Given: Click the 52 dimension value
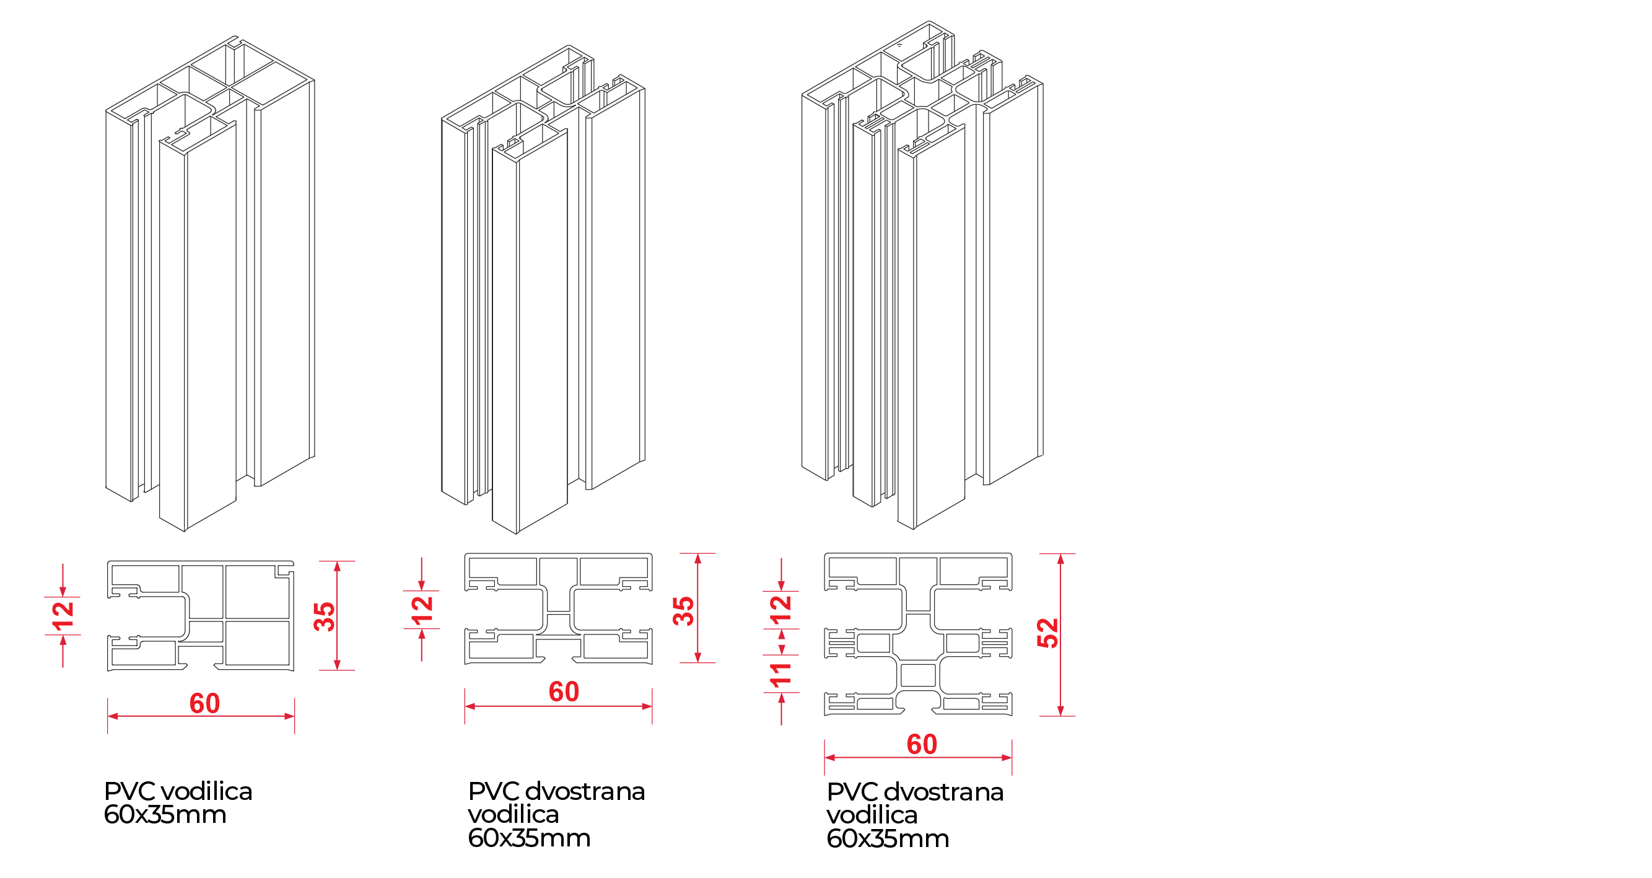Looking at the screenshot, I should tap(1047, 633).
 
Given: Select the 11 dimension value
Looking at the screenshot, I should tap(780, 675).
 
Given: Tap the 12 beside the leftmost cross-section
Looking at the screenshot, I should tap(63, 616).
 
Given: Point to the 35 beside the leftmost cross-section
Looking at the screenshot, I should tap(325, 617).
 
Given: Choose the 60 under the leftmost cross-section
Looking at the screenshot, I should tap(204, 703).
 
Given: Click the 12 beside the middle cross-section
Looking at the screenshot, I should tap(422, 610).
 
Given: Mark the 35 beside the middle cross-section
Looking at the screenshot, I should tap(684, 610).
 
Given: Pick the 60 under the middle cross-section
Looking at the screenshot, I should tap(564, 692).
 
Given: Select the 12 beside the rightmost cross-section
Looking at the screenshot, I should tap(780, 610).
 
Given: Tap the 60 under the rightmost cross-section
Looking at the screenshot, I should tap(922, 745).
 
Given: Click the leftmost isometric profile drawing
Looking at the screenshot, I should tap(210, 282).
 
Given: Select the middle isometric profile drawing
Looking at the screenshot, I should tap(543, 289).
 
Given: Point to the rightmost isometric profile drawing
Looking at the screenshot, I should tap(922, 276).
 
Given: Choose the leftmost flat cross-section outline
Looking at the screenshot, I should tap(201, 616).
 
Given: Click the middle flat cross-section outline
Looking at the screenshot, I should tap(558, 608).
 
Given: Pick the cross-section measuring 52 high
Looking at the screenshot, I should tap(918, 634).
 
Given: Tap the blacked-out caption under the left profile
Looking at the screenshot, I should tap(177, 802).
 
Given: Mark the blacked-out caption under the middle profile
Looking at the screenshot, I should tap(555, 813).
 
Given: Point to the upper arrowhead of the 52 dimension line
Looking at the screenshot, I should tap(1060, 560).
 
